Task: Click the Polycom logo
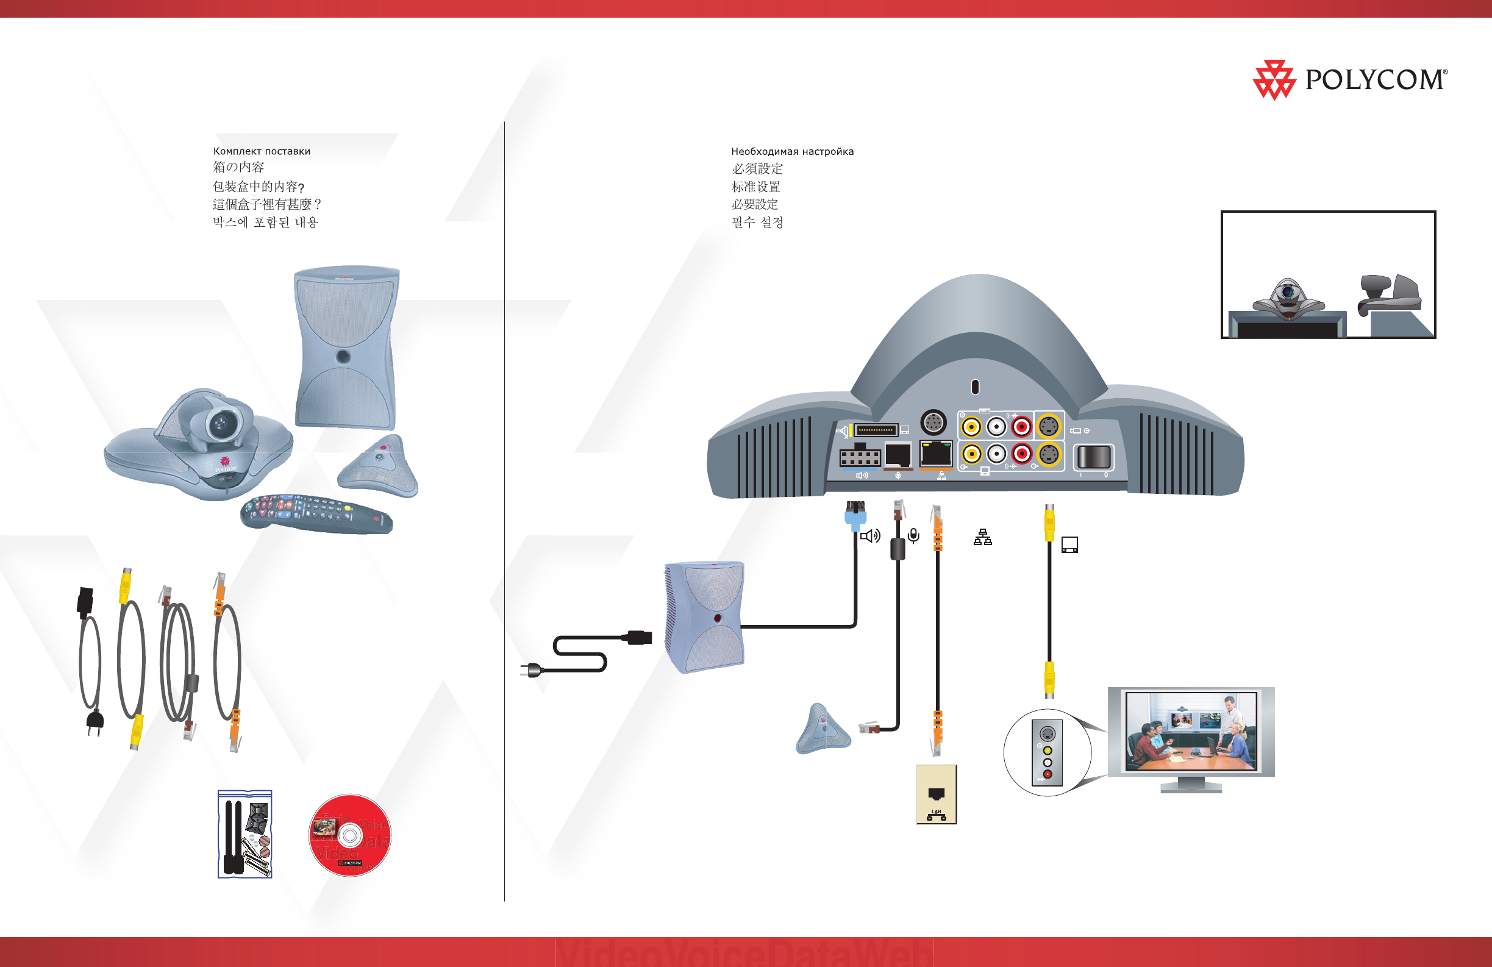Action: pos(1349,80)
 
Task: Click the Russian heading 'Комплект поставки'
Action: pos(262,151)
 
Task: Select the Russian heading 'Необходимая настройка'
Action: pos(792,152)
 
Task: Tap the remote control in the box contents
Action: pos(316,514)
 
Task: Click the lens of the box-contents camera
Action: pos(220,423)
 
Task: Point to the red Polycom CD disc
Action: pos(350,835)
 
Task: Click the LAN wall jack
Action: pos(936,794)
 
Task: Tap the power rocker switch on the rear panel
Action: pos(1093,457)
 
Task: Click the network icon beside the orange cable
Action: pos(982,537)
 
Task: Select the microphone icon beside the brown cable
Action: pos(914,535)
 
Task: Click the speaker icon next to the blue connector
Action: pos(870,536)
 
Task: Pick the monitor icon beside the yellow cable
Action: pos(1069,544)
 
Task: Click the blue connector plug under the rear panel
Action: pos(855,516)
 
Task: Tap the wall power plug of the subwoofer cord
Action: pos(531,671)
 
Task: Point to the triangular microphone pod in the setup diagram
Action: pos(823,730)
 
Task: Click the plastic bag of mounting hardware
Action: pos(245,833)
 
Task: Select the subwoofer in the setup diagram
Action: pos(705,616)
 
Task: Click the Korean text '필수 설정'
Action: pos(757,223)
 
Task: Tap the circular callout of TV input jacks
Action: pos(1047,752)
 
